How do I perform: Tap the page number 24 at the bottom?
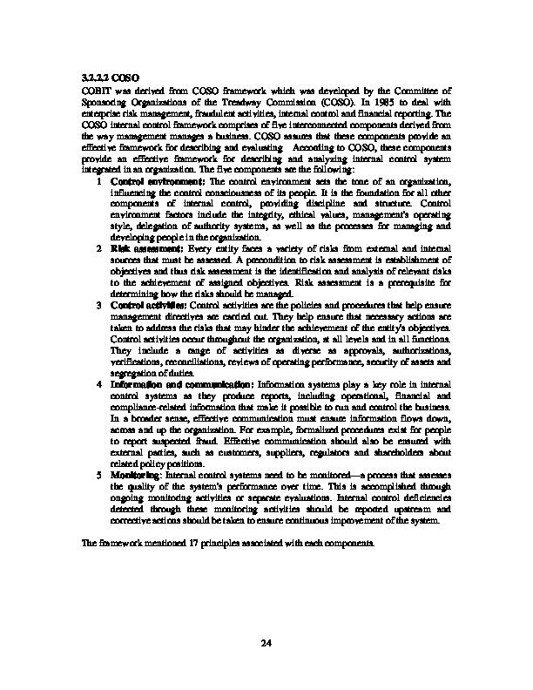266,619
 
